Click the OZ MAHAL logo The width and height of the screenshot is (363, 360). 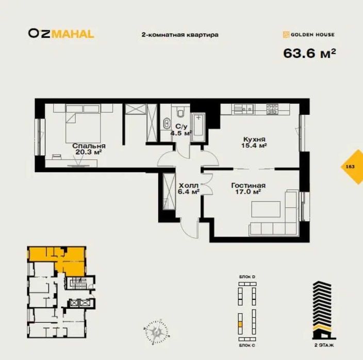pos(61,34)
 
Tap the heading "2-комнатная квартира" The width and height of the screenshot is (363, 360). pos(180,35)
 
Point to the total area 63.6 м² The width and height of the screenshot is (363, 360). pos(309,53)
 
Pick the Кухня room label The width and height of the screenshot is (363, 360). pos(254,139)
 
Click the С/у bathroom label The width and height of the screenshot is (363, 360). pos(181,126)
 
